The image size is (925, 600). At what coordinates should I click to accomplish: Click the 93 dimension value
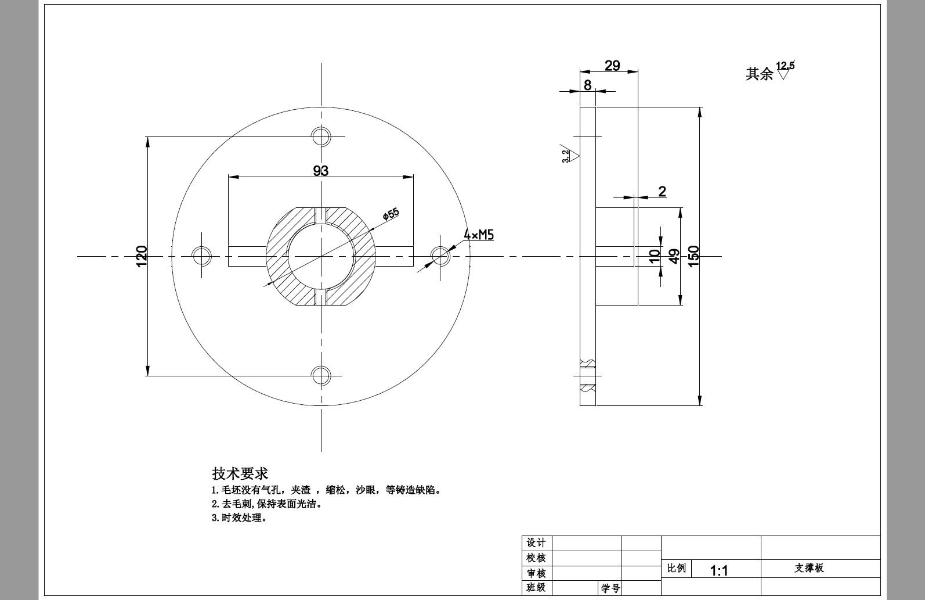pyautogui.click(x=320, y=171)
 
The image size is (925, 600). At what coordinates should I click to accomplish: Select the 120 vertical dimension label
pyautogui.click(x=142, y=256)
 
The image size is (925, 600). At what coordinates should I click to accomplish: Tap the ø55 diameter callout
pyautogui.click(x=391, y=214)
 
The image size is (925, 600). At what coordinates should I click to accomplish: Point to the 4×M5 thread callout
pyautogui.click(x=479, y=235)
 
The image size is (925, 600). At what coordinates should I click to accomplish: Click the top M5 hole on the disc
pyautogui.click(x=321, y=136)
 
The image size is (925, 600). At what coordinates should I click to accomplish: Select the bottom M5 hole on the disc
pyautogui.click(x=321, y=375)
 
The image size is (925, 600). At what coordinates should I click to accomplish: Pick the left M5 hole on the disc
pyautogui.click(x=201, y=256)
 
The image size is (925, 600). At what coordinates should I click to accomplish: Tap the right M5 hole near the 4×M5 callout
pyautogui.click(x=440, y=256)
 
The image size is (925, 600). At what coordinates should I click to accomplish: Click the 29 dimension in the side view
pyautogui.click(x=612, y=66)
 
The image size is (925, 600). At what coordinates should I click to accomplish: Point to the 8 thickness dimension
pyautogui.click(x=587, y=85)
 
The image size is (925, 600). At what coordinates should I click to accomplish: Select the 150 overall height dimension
pyautogui.click(x=693, y=256)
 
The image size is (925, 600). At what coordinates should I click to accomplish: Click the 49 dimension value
pyautogui.click(x=674, y=256)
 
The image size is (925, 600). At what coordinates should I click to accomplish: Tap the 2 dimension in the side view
pyautogui.click(x=662, y=191)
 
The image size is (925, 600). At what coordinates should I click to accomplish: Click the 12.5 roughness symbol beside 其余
pyautogui.click(x=784, y=70)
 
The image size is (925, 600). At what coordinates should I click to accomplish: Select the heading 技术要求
pyautogui.click(x=240, y=473)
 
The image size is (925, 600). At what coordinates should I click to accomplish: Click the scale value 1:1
pyautogui.click(x=719, y=570)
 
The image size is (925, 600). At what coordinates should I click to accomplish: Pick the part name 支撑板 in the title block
pyautogui.click(x=809, y=568)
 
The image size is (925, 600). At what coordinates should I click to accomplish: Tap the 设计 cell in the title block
pyautogui.click(x=536, y=543)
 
